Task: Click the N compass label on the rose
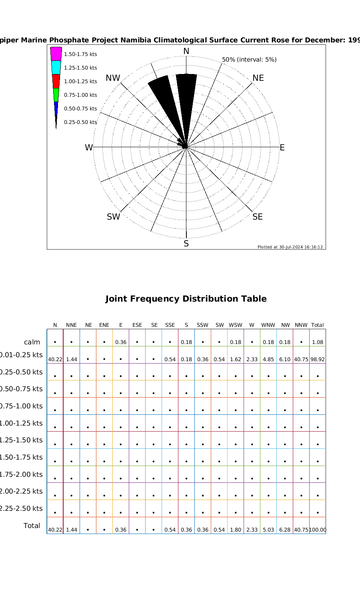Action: (186, 51)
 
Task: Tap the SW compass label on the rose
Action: (113, 217)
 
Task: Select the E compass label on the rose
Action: (282, 148)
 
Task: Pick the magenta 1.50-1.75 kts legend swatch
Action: (56, 54)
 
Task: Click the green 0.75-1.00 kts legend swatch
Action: (56, 95)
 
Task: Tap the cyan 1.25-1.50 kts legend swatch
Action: (56, 68)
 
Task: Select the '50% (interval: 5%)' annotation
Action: (249, 60)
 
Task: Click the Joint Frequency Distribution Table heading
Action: (186, 299)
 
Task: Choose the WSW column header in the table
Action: (236, 325)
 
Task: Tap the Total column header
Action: (318, 325)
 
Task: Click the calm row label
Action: (32, 342)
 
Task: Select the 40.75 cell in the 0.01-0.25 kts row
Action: (301, 360)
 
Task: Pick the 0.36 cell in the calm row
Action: (121, 342)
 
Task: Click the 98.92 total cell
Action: (318, 360)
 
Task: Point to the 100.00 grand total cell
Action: (318, 530)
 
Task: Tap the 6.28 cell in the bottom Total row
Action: (285, 530)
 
